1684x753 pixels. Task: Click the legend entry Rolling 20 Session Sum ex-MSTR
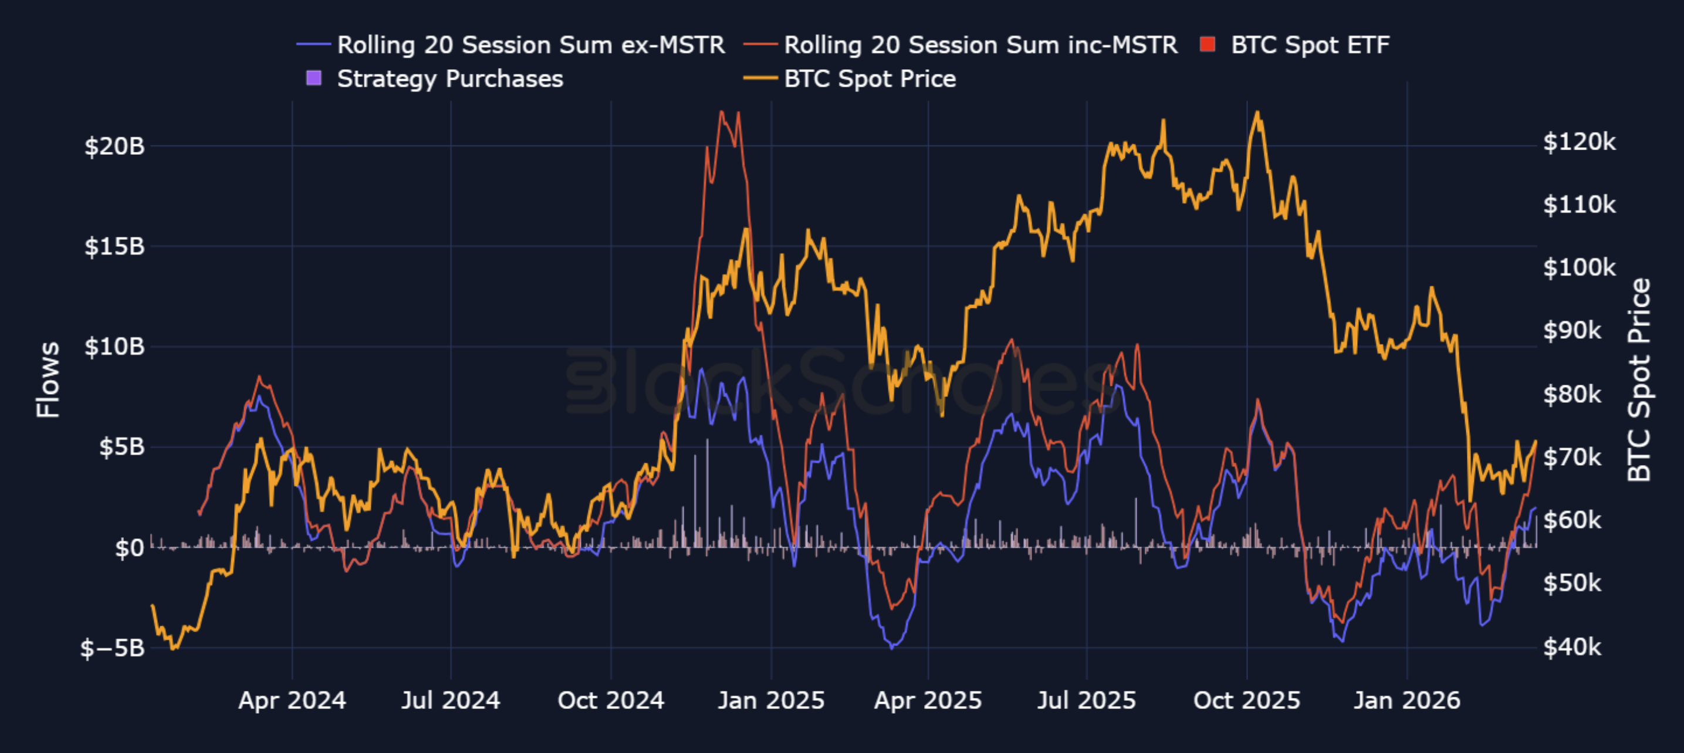[510, 45]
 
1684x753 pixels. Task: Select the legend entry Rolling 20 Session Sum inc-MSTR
[961, 45]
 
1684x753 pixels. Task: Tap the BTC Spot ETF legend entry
[1295, 45]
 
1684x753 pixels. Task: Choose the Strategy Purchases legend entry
[435, 79]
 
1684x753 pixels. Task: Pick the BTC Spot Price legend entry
[850, 79]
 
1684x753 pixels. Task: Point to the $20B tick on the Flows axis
[114, 147]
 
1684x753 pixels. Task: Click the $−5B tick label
[112, 649]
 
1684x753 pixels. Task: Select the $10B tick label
[114, 347]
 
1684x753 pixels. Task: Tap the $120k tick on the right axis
[1579, 142]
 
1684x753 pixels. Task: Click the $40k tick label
[1572, 647]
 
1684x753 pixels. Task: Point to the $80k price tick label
[1572, 395]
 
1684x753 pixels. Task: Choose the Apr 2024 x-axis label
[292, 701]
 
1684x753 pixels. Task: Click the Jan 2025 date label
[772, 701]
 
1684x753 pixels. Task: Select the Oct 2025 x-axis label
[1247, 701]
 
